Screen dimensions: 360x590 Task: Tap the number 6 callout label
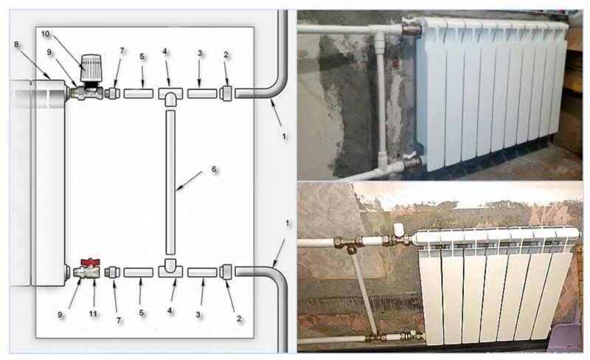[x=214, y=169]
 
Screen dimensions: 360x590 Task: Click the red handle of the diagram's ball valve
[x=90, y=262]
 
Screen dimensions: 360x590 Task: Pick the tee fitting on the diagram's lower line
[x=170, y=269]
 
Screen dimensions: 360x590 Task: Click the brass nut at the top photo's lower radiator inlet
[x=411, y=160]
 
